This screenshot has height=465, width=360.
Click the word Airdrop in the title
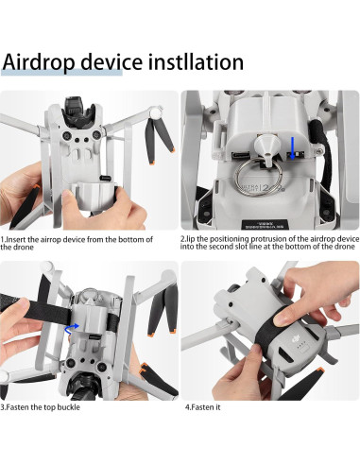coord(50,63)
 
